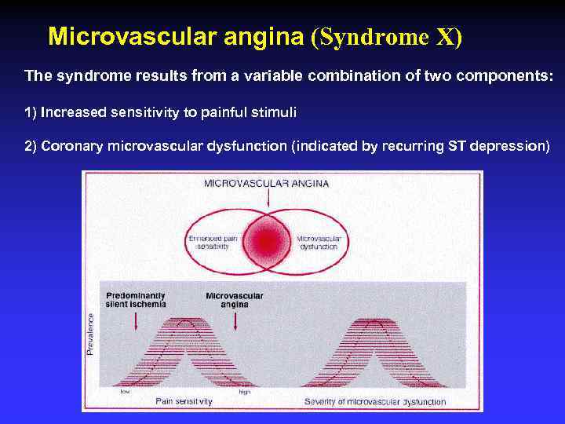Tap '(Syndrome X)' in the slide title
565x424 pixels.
tap(388, 36)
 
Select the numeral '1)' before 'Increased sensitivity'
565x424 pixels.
tap(31, 112)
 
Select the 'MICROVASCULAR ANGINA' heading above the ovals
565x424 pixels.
tap(267, 184)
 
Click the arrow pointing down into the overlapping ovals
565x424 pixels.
tap(268, 201)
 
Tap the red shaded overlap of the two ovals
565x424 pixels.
tap(268, 238)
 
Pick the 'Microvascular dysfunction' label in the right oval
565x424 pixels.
tap(319, 242)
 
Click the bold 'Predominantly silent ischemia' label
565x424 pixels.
tap(135, 299)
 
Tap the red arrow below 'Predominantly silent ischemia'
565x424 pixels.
tap(137, 319)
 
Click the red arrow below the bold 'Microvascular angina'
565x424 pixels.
tap(235, 319)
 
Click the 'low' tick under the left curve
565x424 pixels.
tap(125, 392)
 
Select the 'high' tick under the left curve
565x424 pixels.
tap(244, 392)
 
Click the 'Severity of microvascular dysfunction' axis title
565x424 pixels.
tap(374, 402)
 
